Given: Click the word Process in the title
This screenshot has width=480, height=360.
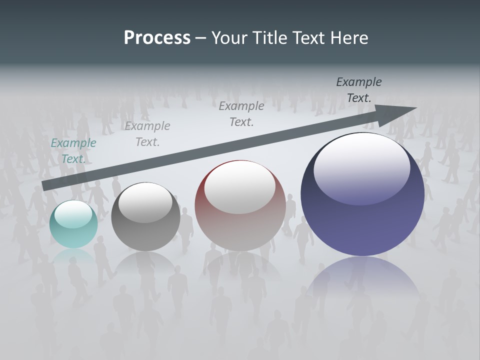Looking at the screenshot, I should (x=157, y=38).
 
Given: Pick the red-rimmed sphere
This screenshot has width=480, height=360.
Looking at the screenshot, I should (x=240, y=215).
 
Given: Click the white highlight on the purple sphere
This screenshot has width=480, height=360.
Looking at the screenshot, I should (x=361, y=162).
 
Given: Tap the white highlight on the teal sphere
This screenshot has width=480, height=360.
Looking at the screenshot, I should (x=73, y=214).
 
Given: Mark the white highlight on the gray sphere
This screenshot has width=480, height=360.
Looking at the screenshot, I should (x=145, y=202).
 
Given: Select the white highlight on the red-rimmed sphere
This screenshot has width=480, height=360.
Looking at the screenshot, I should (x=239, y=186).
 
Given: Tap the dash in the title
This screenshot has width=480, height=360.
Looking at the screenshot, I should (x=200, y=38).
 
